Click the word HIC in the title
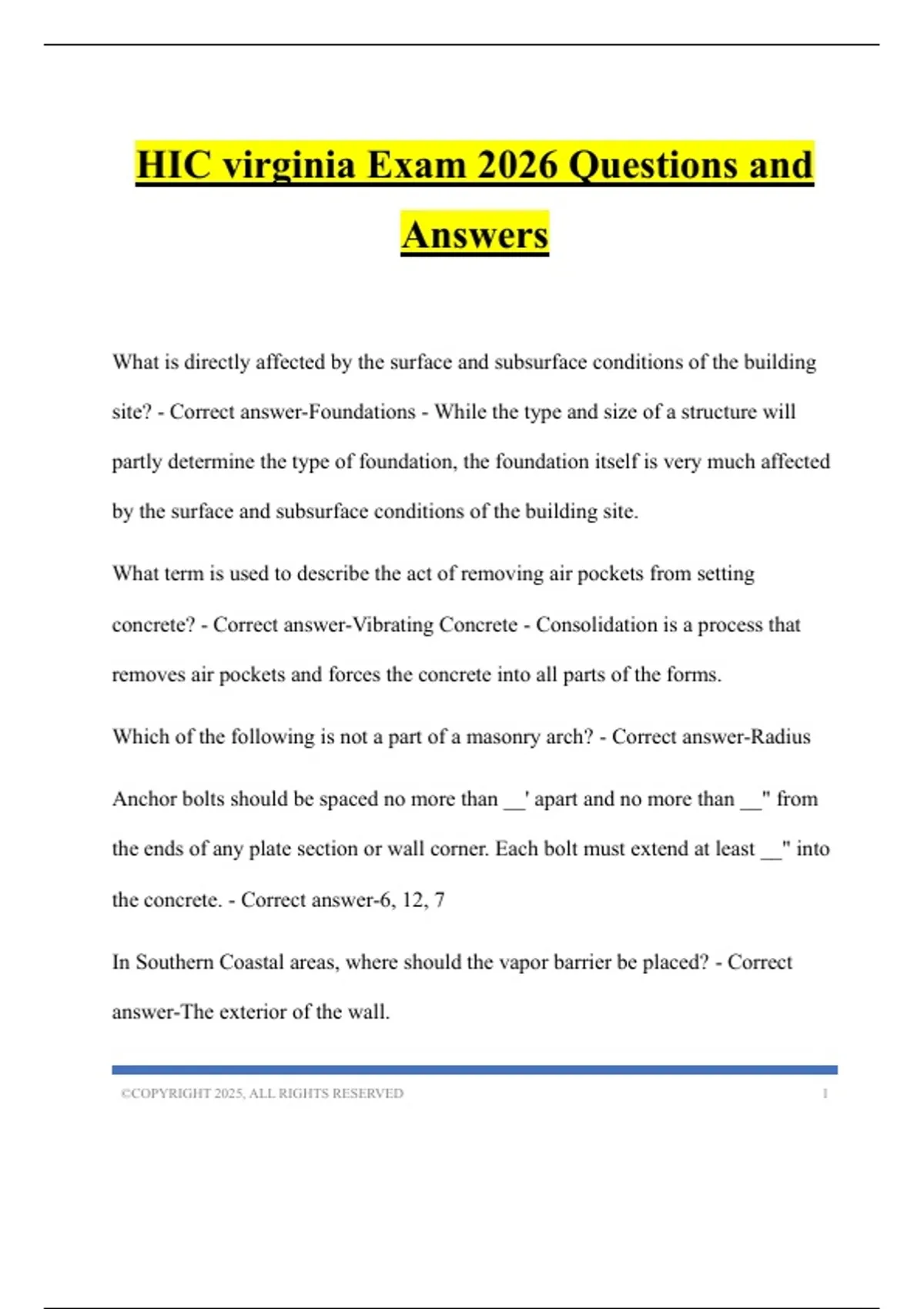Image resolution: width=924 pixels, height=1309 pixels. tap(173, 165)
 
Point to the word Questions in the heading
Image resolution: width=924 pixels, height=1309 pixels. tap(653, 165)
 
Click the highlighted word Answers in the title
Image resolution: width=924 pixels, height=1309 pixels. tap(474, 235)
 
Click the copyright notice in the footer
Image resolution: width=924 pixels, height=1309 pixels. tap(262, 1093)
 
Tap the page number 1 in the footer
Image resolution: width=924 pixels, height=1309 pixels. tap(825, 1093)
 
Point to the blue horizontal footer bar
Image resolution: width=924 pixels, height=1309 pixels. tap(474, 1070)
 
